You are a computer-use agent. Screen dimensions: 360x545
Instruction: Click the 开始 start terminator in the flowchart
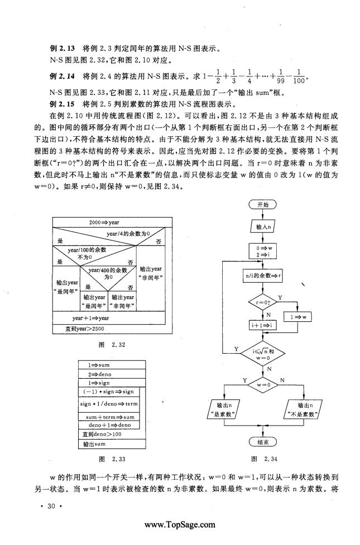263,205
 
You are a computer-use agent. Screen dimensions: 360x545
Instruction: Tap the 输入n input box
263,227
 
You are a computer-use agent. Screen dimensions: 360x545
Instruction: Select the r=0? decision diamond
263,302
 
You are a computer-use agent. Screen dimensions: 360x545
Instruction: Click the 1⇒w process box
298,317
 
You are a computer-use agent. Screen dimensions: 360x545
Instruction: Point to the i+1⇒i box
263,325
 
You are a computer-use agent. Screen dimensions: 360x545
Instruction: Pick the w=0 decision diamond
263,385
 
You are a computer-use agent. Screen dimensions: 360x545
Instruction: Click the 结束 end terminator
263,442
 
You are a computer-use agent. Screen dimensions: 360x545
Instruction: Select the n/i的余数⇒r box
263,276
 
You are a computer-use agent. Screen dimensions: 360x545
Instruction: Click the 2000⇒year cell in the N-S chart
112,223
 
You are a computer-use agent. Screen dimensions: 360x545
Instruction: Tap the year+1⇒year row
108,318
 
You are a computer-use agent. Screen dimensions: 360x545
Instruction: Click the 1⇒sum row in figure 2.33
112,365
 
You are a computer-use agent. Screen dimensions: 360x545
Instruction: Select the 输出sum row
112,444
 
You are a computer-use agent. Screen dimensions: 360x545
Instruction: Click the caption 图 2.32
112,345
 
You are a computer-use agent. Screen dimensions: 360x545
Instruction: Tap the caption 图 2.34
265,459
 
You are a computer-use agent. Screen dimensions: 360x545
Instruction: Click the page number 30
51,506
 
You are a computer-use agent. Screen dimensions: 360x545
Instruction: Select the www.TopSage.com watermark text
180,525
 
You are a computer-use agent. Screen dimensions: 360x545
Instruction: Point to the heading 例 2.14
63,76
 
